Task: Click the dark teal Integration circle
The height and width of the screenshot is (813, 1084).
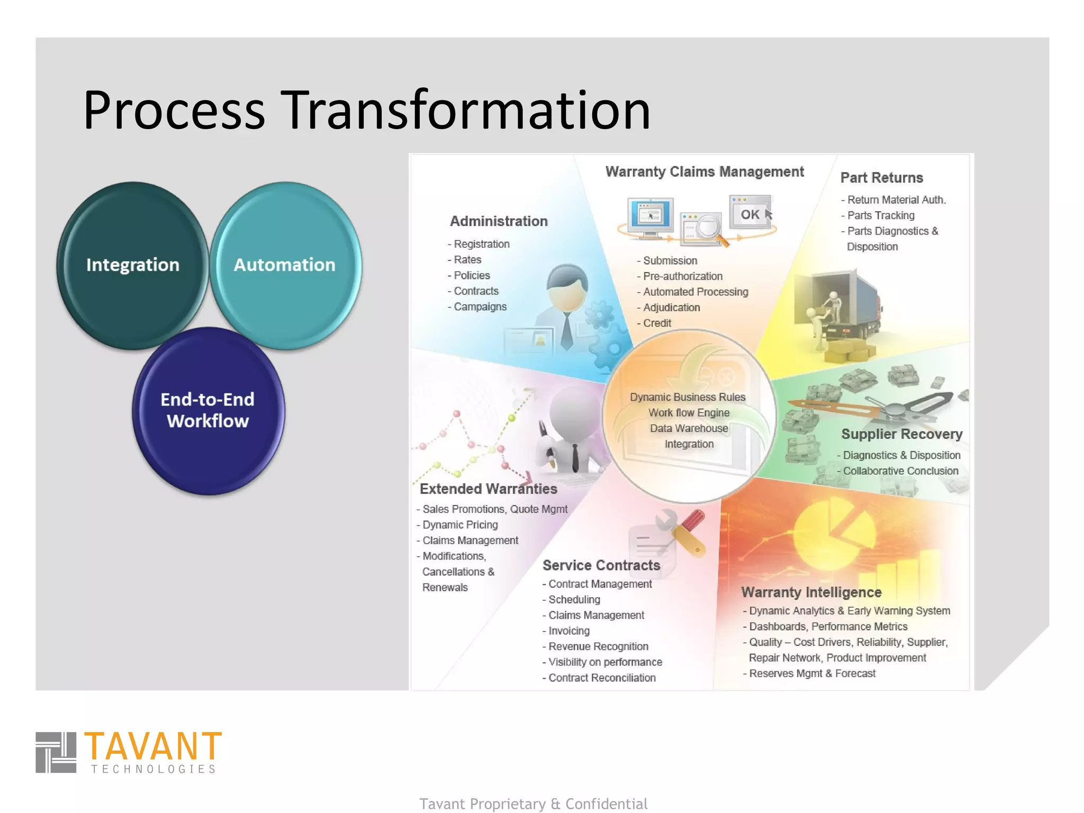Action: pyautogui.click(x=132, y=265)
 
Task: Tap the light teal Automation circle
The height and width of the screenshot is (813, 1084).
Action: pyautogui.click(x=285, y=265)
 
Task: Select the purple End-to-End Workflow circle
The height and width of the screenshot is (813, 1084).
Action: pyautogui.click(x=208, y=410)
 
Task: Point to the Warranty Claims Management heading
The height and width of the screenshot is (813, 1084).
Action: pyautogui.click(x=704, y=171)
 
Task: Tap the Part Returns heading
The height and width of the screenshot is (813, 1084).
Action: pyautogui.click(x=881, y=178)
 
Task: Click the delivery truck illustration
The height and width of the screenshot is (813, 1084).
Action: pyautogui.click(x=842, y=307)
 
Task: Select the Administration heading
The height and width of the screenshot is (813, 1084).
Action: pyautogui.click(x=499, y=221)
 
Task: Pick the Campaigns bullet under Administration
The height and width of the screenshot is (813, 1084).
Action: pyautogui.click(x=480, y=306)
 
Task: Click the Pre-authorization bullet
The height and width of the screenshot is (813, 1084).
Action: pyautogui.click(x=682, y=276)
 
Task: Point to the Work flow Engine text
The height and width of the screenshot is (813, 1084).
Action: pyautogui.click(x=689, y=412)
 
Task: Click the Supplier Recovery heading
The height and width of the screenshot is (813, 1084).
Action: pyautogui.click(x=901, y=434)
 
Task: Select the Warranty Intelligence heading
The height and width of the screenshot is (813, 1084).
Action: pyautogui.click(x=811, y=592)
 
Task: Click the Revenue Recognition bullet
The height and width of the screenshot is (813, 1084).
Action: pyautogui.click(x=598, y=646)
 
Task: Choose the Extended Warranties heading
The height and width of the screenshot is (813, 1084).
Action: pyautogui.click(x=488, y=489)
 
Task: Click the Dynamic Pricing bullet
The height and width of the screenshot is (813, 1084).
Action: pyautogui.click(x=460, y=525)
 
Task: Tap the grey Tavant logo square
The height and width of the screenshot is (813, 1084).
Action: pyautogui.click(x=56, y=752)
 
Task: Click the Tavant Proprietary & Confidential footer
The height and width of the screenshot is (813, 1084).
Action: pyautogui.click(x=533, y=803)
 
